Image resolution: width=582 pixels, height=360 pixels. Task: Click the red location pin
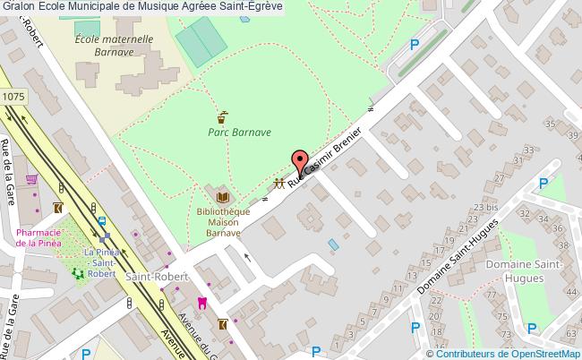[298, 163]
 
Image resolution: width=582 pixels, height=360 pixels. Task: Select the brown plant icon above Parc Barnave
[222, 116]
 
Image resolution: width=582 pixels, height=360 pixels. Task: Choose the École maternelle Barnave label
[113, 46]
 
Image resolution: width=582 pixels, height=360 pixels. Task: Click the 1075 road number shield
[13, 95]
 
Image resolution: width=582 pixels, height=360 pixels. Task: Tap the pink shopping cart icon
[31, 179]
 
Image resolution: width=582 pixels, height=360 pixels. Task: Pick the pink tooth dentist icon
[201, 303]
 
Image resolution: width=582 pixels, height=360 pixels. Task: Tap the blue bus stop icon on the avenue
[101, 219]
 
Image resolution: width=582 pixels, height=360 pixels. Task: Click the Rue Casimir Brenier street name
[327, 159]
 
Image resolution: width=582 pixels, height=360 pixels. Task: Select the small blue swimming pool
[334, 244]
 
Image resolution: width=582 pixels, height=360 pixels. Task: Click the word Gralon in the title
[18, 6]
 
